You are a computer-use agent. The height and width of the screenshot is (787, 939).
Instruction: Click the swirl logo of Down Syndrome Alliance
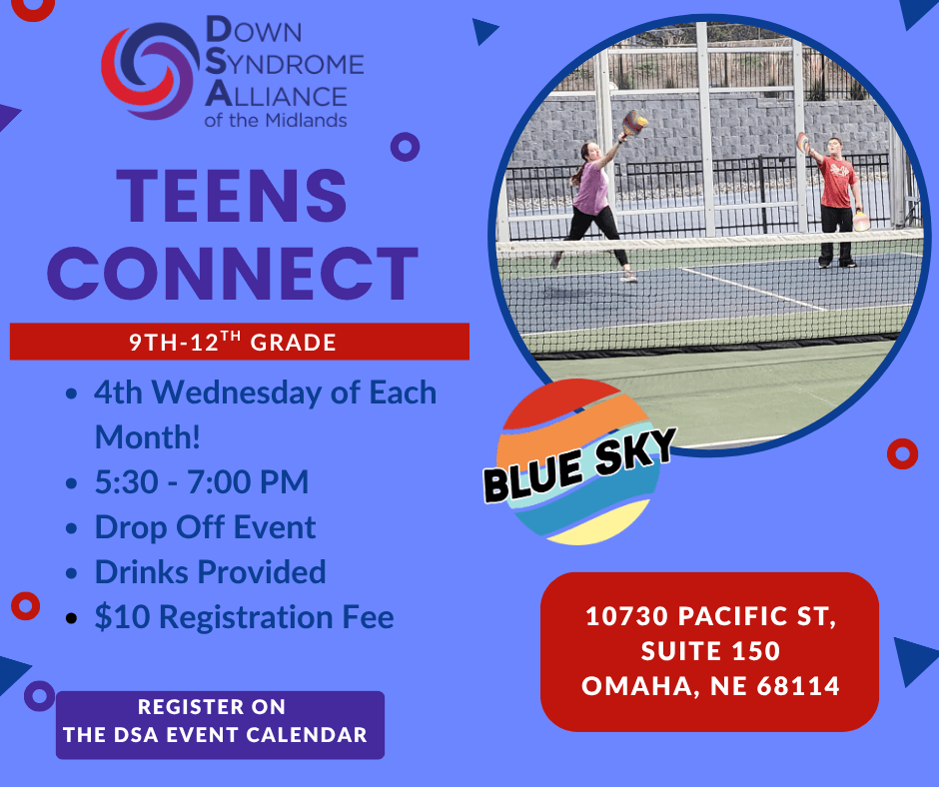click(x=150, y=71)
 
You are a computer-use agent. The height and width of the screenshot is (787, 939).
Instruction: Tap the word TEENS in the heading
click(x=232, y=196)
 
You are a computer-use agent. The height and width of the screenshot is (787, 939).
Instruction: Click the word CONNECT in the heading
click(x=233, y=273)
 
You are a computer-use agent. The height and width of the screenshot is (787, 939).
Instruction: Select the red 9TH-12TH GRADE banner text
click(x=233, y=342)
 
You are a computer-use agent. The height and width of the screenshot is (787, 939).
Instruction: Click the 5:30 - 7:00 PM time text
click(x=202, y=482)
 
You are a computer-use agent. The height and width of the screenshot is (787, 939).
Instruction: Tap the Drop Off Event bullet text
click(x=205, y=527)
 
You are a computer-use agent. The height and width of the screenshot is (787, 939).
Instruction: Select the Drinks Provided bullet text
click(x=210, y=572)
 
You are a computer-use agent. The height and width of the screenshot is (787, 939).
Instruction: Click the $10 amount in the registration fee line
click(x=122, y=617)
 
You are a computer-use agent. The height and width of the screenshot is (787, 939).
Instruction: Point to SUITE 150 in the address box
click(x=710, y=651)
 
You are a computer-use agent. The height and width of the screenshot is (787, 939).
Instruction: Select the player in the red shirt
click(x=836, y=202)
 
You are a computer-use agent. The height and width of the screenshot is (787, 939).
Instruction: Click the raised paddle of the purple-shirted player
click(x=634, y=124)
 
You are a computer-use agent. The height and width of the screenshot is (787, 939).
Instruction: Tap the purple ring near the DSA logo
click(x=405, y=147)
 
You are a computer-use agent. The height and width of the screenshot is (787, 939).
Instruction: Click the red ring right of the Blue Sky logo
click(x=902, y=454)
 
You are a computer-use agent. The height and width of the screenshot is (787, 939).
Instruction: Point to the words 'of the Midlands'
click(x=276, y=121)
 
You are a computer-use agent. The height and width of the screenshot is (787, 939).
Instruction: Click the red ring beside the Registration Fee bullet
click(x=26, y=606)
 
